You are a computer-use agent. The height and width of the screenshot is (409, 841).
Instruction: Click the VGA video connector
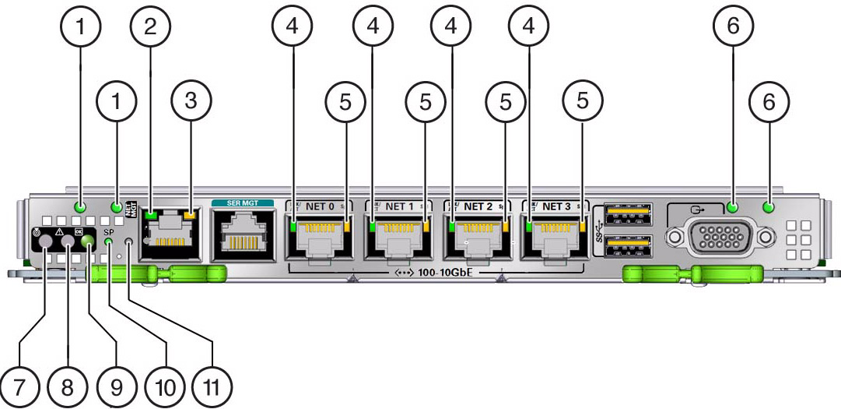coord(716,235)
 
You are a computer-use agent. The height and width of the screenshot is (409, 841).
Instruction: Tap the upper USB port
coord(629,212)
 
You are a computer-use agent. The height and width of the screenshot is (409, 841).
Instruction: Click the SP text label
coord(108,232)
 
